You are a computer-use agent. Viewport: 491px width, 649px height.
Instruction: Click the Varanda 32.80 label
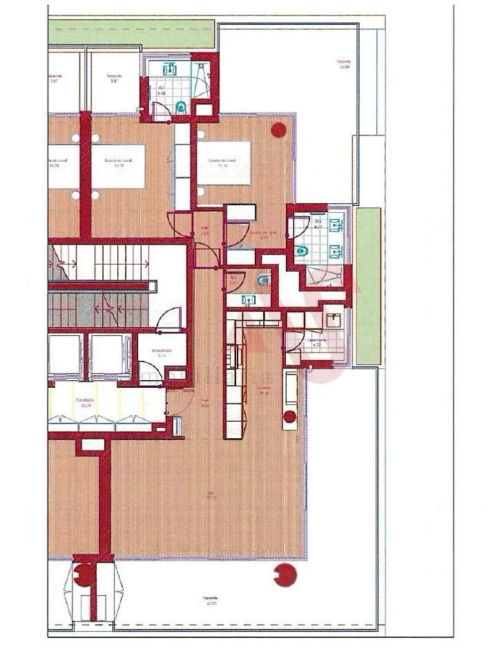[344, 64]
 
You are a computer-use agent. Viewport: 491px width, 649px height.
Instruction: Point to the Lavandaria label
[317, 342]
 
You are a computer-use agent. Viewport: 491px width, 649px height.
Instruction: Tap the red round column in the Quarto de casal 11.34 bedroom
[279, 129]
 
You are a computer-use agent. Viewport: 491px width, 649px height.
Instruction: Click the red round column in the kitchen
[289, 417]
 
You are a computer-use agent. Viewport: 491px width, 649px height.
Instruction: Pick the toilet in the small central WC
[262, 280]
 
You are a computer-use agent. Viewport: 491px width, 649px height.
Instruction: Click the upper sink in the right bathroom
[336, 225]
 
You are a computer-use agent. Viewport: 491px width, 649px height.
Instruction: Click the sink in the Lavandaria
[334, 319]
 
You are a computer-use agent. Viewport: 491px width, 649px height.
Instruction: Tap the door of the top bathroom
[160, 111]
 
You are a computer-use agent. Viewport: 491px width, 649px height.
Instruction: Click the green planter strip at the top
[131, 31]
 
